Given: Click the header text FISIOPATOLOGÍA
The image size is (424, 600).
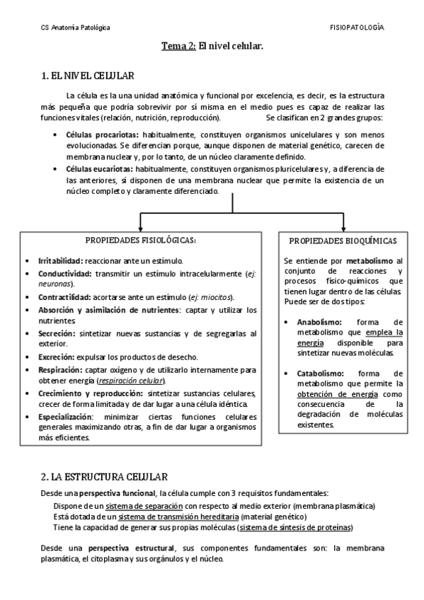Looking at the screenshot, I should tap(357, 27).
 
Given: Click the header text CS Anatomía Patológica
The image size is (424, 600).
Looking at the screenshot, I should tap(74, 28).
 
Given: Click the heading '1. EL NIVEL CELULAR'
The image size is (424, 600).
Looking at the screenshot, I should tap(88, 76).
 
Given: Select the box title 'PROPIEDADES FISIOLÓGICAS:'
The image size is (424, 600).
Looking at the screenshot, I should tap(140, 241).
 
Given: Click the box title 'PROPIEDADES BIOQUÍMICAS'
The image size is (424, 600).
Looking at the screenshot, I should tap(343, 241).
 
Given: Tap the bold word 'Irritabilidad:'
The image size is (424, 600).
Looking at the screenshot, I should tap(60, 260).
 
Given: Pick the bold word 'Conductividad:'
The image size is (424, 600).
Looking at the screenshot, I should tap(64, 273).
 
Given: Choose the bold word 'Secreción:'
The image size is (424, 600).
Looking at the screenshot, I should tap(57, 333).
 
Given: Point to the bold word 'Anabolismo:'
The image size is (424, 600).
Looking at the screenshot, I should tap(319, 322).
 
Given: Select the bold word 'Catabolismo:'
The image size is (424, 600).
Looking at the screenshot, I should tap(320, 373).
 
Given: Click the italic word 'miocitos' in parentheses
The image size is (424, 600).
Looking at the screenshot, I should tap(217, 297).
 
